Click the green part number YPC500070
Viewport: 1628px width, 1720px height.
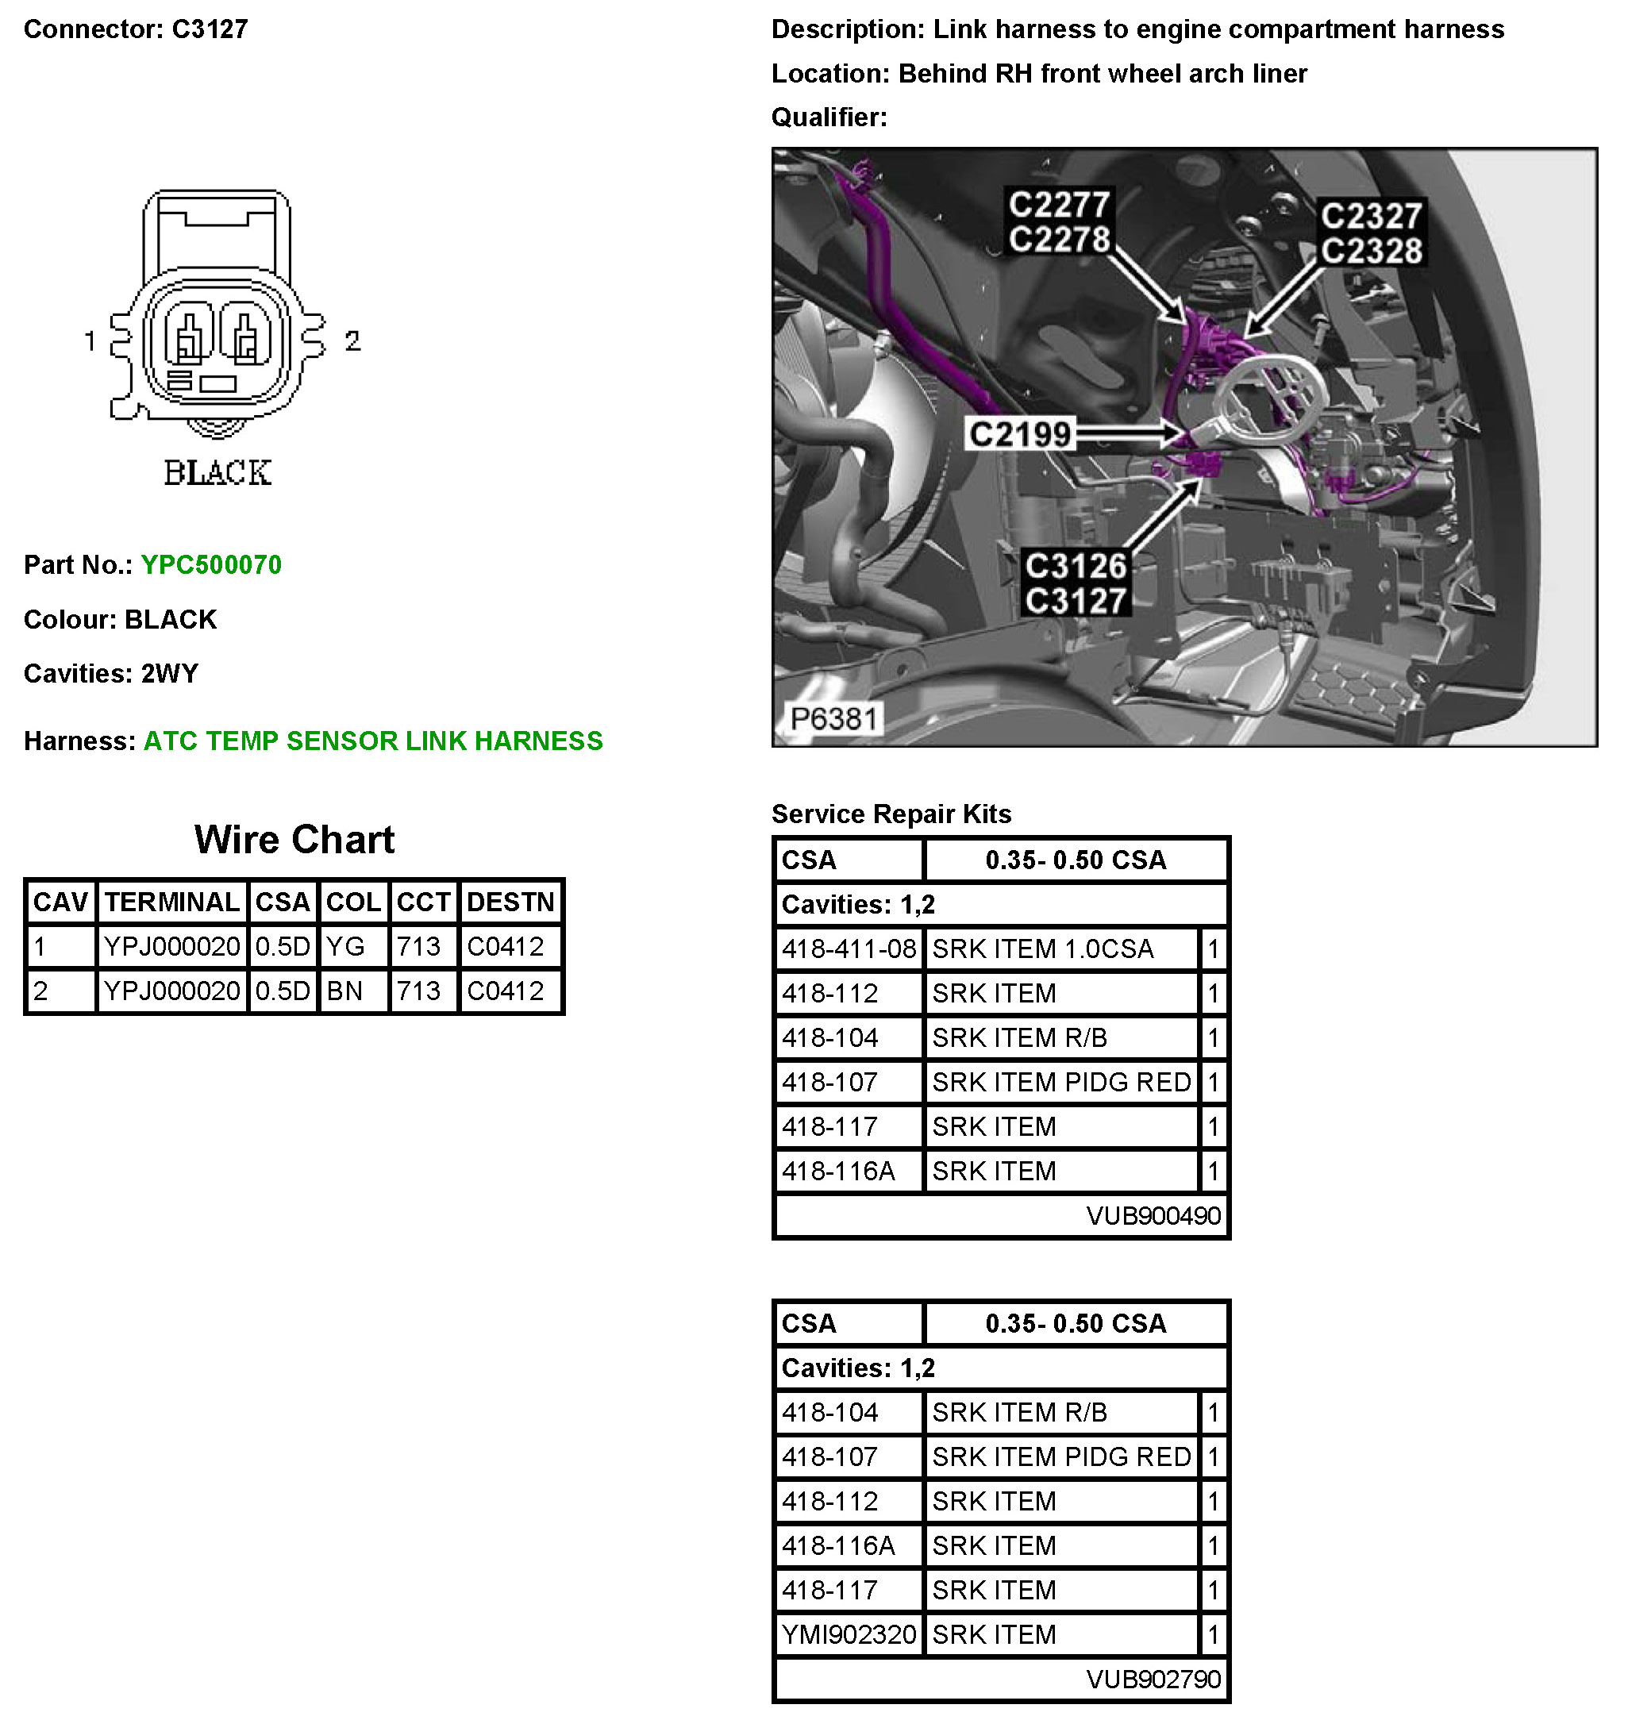[211, 565]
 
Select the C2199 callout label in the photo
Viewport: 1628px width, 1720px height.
[1020, 434]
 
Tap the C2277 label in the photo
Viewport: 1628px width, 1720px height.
[1059, 206]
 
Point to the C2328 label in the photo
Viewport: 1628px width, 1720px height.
[1371, 251]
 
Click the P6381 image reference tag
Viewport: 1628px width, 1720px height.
[834, 718]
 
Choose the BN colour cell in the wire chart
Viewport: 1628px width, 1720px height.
[344, 991]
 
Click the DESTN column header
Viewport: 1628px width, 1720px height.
[510, 902]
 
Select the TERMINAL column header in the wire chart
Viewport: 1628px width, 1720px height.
[171, 902]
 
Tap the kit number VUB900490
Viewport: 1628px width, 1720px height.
[1153, 1216]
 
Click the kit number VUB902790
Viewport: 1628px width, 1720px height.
[1153, 1680]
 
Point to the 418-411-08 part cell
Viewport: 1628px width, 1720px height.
[849, 949]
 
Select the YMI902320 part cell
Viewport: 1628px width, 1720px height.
[849, 1634]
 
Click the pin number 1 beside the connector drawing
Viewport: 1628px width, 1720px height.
[90, 341]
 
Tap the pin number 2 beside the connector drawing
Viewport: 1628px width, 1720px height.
[352, 341]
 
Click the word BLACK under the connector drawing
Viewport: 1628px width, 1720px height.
[217, 473]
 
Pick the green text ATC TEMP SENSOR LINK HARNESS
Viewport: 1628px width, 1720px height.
[372, 741]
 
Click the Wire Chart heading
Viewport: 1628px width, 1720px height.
[294, 840]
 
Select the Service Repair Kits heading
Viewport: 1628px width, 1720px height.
[891, 814]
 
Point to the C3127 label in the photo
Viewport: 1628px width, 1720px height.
[1076, 601]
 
